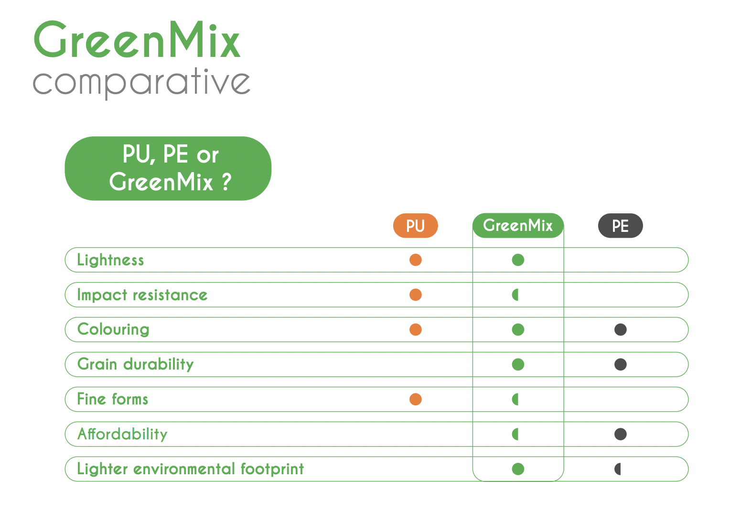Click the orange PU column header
coord(415,226)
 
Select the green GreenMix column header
coord(518,225)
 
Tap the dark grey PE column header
coord(620,226)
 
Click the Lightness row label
coord(110,260)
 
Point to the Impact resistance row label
coord(142,295)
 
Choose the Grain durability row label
coord(136,364)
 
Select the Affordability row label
coord(122,434)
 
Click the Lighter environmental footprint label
coord(190,469)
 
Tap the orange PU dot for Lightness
coord(415,260)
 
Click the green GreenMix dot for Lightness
coord(518,260)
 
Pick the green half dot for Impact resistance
coord(516,295)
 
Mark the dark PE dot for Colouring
coord(620,329)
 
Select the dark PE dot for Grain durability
coord(620,364)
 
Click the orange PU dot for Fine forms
coord(415,399)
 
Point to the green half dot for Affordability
coord(516,434)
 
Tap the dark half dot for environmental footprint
coord(618,469)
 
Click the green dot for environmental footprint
coord(518,469)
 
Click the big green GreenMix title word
coord(137,39)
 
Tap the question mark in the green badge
coord(227,182)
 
